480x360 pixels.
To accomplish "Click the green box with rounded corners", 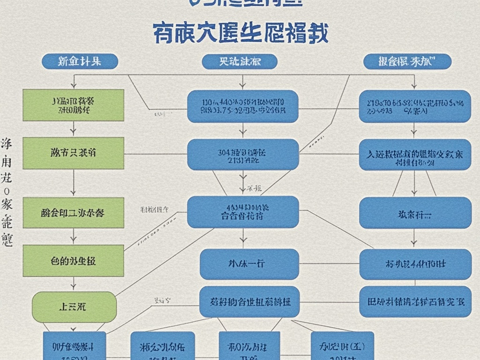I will (74, 307).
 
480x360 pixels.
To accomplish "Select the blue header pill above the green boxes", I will (74, 61).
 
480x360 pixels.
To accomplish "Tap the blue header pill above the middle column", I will (240, 61).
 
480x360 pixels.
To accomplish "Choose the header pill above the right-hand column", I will (407, 61).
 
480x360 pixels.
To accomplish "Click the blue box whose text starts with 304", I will (243, 154).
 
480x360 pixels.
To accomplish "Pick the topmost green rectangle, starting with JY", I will (74, 105).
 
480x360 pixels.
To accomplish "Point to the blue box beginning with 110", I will (243, 106).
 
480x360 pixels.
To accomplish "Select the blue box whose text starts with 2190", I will (415, 106).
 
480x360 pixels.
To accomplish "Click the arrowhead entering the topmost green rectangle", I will (74, 86).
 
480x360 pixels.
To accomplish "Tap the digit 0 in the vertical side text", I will (7, 191).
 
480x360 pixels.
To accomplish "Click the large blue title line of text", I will (240, 34).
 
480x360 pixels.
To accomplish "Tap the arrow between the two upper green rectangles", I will (74, 128).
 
